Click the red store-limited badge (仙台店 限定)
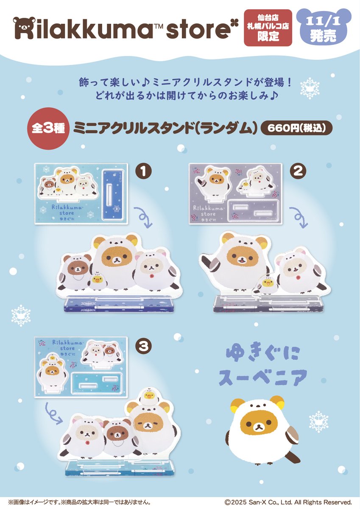[x=268, y=28]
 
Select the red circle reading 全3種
[x=47, y=129]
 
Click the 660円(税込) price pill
[x=296, y=129]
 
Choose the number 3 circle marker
[x=145, y=346]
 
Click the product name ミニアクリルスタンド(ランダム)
[x=165, y=129]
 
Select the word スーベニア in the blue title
[x=262, y=377]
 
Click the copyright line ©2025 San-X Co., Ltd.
[x=288, y=502]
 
